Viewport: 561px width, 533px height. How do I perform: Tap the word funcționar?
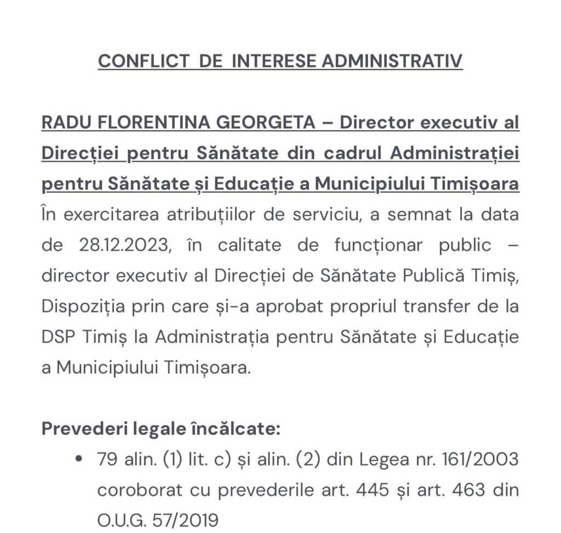tap(379, 245)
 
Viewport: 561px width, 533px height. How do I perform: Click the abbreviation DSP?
tap(58, 337)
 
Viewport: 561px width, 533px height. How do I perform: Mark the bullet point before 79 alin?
tap(81, 458)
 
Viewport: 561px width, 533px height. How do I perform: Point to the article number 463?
tap(470, 489)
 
